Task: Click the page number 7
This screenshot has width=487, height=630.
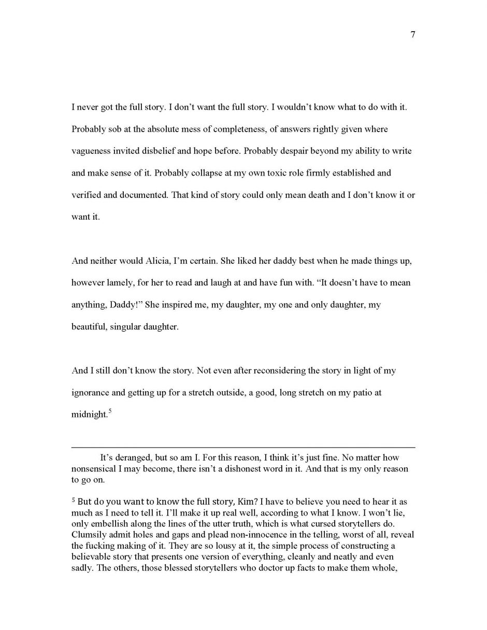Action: click(x=412, y=35)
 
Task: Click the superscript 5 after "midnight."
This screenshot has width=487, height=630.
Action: click(x=109, y=412)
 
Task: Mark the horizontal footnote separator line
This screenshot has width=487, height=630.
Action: click(x=243, y=447)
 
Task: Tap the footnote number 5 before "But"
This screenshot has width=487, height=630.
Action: click(x=73, y=502)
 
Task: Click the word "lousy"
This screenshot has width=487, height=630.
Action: click(x=165, y=546)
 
